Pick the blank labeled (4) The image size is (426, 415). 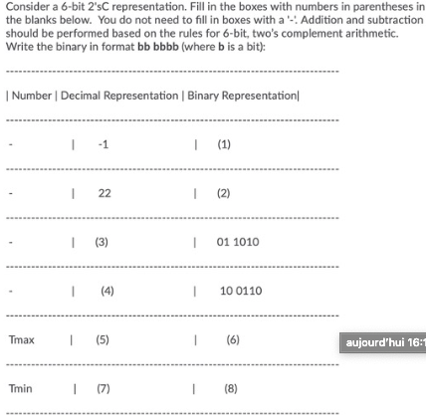click(x=107, y=290)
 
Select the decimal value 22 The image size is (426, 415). click(x=104, y=192)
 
